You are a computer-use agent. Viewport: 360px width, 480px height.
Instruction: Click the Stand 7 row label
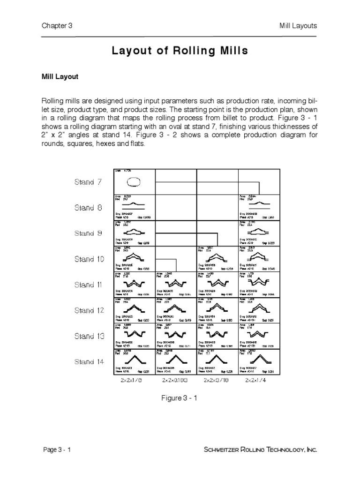point(88,182)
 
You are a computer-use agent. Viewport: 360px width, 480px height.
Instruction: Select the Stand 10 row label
point(89,259)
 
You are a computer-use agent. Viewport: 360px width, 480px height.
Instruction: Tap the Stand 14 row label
point(89,361)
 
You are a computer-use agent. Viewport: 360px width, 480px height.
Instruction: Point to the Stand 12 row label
point(89,310)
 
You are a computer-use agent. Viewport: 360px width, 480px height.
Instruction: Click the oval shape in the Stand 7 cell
point(134,181)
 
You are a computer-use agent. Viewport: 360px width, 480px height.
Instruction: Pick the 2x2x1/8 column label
point(128,381)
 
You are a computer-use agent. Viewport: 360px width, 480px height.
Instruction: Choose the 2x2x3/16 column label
point(217,381)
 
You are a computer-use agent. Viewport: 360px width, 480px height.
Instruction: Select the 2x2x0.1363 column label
point(176,381)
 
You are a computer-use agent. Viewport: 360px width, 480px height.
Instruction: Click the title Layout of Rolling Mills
point(180,51)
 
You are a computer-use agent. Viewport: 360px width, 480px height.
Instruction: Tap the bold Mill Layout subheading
point(60,77)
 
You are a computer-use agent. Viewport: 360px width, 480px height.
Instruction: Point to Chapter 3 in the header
point(57,26)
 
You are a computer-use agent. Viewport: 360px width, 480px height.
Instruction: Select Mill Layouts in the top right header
point(298,26)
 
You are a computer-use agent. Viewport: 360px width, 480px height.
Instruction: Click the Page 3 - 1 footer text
point(57,450)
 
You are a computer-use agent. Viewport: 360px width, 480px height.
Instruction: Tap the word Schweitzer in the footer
point(224,450)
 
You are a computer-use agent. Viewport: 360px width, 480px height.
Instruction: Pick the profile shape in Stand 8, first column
point(134,205)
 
